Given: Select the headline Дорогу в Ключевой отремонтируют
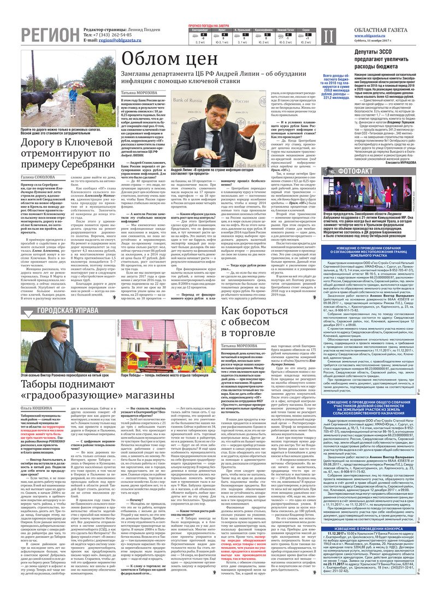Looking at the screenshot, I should point(67,153).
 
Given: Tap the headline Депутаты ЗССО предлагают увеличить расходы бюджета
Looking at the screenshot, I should point(374,59).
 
